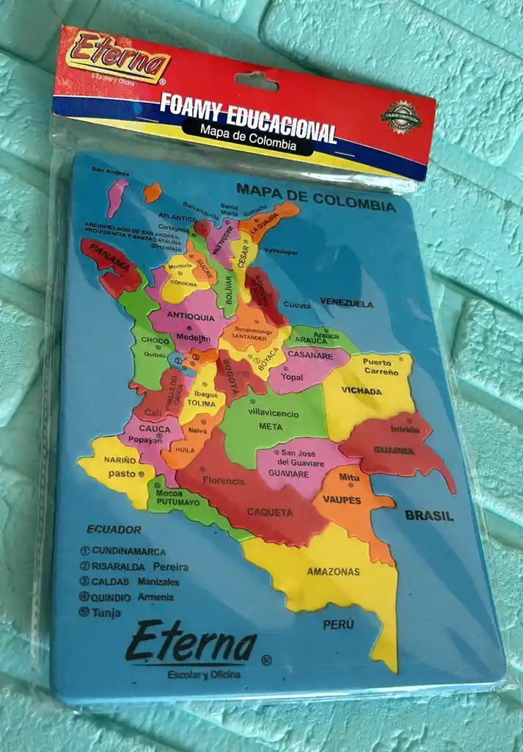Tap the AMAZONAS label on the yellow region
pyautogui.click(x=333, y=571)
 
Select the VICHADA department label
pyautogui.click(x=362, y=391)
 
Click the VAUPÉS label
pyautogui.click(x=341, y=500)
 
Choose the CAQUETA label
pyautogui.click(x=269, y=512)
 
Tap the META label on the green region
pyautogui.click(x=270, y=426)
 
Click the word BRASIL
pyautogui.click(x=429, y=516)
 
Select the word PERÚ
pyautogui.click(x=339, y=625)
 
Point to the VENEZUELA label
pyautogui.click(x=346, y=303)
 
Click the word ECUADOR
pyautogui.click(x=114, y=529)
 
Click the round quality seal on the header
pyautogui.click(x=401, y=117)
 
